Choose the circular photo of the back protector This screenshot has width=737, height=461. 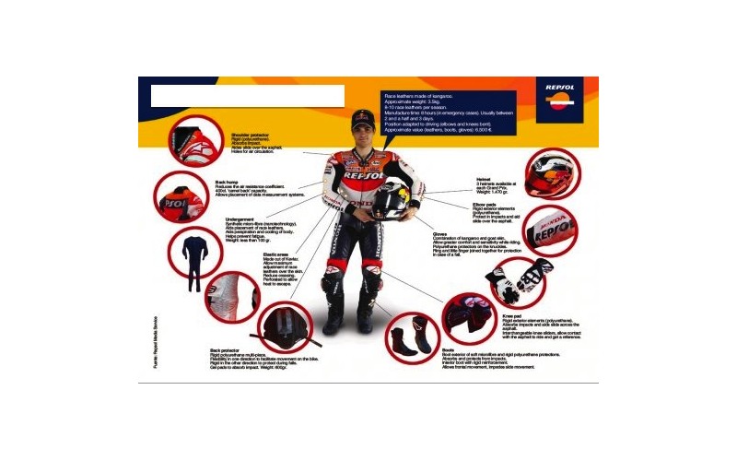click(283, 327)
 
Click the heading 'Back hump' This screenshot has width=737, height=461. click(227, 183)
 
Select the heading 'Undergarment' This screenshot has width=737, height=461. click(240, 219)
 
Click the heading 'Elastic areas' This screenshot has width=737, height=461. click(276, 254)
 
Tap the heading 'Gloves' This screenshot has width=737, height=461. click(440, 234)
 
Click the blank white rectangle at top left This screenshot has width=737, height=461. click(247, 96)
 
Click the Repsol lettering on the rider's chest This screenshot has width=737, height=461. click(362, 175)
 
